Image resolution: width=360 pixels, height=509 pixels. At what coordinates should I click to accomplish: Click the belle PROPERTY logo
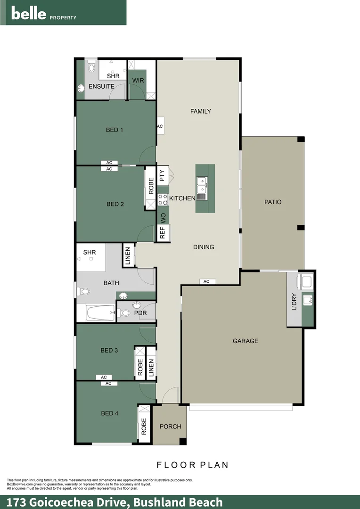pos(43,14)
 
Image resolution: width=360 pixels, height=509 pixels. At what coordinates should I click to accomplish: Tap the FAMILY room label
pos(200,112)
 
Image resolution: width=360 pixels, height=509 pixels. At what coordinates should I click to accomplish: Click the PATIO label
pos(273,202)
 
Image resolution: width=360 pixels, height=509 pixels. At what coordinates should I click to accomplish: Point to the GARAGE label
pos(245,341)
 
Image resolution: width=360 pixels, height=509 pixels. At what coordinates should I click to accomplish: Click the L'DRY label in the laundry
pos(295,302)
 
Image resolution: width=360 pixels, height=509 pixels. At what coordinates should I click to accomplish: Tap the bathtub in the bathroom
pos(100,312)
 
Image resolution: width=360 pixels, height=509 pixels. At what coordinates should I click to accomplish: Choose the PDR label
pos(140,313)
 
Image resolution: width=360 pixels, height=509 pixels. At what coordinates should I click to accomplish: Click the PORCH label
pos(170,427)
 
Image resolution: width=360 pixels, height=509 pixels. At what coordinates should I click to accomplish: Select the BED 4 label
pos(109,413)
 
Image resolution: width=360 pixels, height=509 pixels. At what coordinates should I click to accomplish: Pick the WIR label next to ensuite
pos(138,81)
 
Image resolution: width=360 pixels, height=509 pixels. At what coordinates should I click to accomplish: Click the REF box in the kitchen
pos(163,233)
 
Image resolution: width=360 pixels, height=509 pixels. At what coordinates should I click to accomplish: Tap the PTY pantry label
pos(163,176)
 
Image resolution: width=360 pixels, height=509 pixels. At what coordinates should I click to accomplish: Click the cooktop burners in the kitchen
pos(163,199)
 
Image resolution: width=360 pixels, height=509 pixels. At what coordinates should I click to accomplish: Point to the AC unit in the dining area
pos(206,281)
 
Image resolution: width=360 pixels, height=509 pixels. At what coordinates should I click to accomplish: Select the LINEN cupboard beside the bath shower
pos(127,255)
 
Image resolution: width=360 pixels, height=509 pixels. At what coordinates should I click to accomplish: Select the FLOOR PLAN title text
pos(192,465)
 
